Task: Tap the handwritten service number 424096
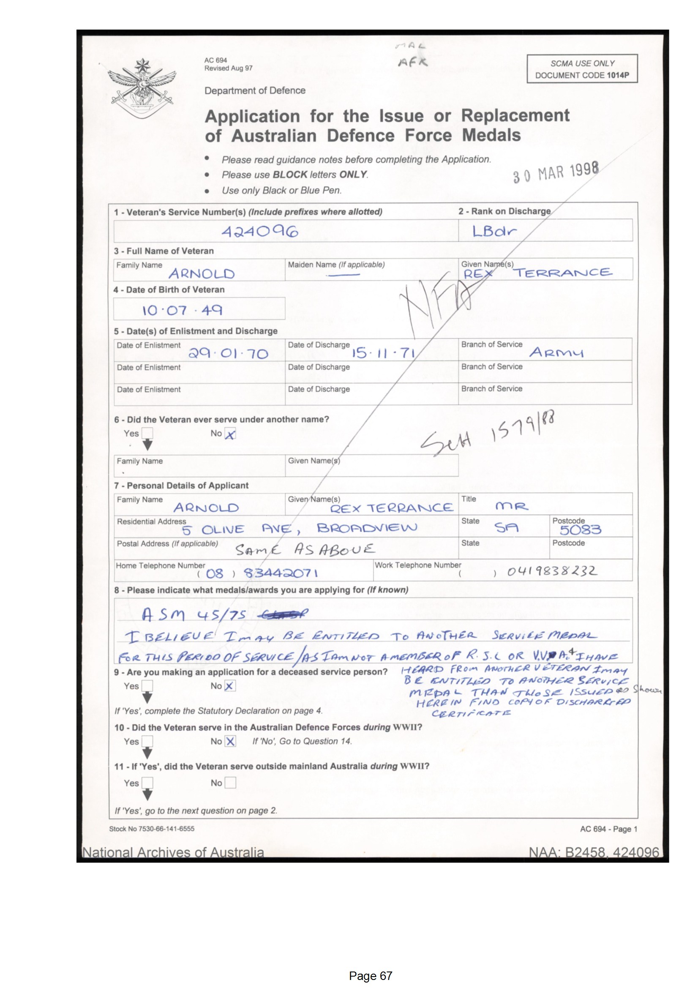[x=260, y=232]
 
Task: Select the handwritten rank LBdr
[x=494, y=232]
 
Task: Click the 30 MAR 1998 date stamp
[x=556, y=173]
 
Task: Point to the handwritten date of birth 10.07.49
[x=183, y=310]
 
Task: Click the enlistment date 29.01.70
[x=228, y=354]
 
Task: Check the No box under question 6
[x=230, y=434]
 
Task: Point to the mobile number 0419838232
[x=552, y=571]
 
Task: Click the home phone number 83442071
[x=281, y=573]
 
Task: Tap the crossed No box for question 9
[x=230, y=686]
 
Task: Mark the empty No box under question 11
[x=230, y=783]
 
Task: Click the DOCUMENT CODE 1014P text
[x=582, y=75]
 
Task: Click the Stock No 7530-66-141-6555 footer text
[x=152, y=829]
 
